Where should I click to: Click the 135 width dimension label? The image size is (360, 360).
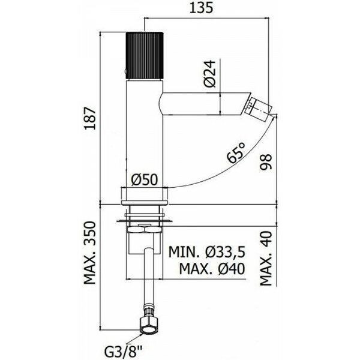[202, 8]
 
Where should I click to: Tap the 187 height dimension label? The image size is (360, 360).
[90, 118]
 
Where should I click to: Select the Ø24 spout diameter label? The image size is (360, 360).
[210, 73]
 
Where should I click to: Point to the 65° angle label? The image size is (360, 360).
[236, 152]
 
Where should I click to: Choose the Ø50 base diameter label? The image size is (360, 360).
[145, 179]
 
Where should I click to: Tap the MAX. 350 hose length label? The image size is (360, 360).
[89, 253]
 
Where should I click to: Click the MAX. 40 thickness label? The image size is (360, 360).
[266, 258]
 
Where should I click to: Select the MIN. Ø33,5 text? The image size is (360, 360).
[207, 252]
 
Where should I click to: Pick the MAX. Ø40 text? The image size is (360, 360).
[212, 269]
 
